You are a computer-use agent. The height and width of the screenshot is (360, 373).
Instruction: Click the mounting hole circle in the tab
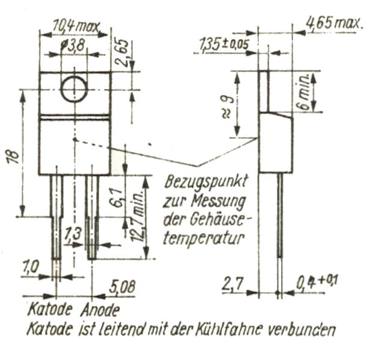pyautogui.click(x=61, y=89)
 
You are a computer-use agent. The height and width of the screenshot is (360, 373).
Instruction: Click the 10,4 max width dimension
pyautogui.click(x=76, y=26)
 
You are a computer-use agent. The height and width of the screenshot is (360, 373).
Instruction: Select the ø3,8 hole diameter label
pyautogui.click(x=73, y=45)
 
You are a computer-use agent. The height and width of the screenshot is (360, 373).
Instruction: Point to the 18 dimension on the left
pyautogui.click(x=14, y=156)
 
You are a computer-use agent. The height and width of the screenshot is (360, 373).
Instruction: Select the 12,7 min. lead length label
pyautogui.click(x=138, y=215)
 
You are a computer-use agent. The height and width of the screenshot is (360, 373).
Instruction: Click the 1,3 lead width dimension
pyautogui.click(x=73, y=234)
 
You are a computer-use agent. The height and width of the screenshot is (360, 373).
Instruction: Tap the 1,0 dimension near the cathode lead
pyautogui.click(x=30, y=267)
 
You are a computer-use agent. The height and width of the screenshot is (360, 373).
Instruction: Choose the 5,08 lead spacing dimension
pyautogui.click(x=122, y=287)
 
